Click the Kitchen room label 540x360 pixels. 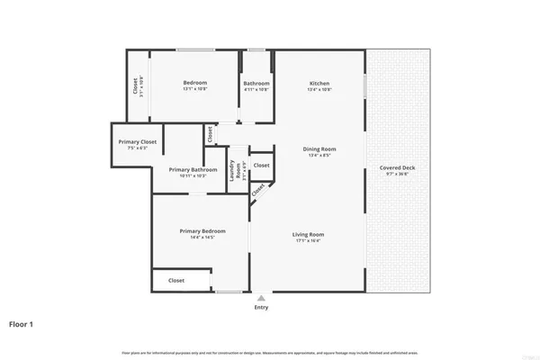click(319, 83)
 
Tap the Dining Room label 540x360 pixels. click(319, 148)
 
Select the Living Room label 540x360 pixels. click(307, 235)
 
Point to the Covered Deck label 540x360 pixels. click(396, 168)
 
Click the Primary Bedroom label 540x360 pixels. click(195, 231)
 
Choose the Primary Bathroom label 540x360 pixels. click(193, 169)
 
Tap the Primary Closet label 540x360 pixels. click(138, 141)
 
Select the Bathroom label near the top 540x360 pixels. click(256, 84)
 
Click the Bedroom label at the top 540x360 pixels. click(195, 83)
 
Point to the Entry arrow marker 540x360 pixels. click(261, 298)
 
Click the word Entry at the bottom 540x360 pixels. click(261, 307)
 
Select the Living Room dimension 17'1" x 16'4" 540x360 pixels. click(307, 241)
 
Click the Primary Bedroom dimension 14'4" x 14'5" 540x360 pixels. click(195, 238)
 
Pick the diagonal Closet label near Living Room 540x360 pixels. click(258, 190)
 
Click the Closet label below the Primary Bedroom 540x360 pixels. click(176, 281)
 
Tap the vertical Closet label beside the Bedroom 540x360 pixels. click(136, 86)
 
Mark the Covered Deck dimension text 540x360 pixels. click(396, 175)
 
